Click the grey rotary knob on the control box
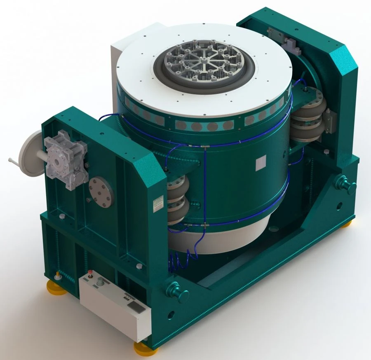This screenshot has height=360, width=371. pyautogui.click(x=100, y=283)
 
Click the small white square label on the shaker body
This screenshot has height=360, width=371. pyautogui.click(x=259, y=164)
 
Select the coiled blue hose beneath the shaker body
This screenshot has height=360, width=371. pyautogui.click(x=184, y=258)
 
